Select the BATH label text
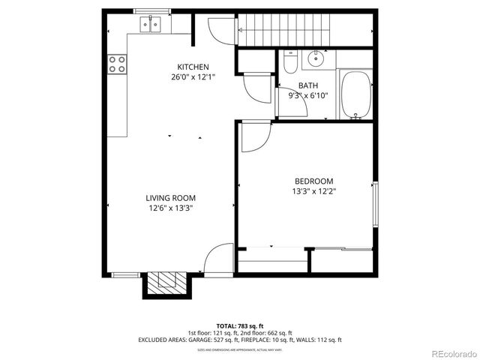point(307,86)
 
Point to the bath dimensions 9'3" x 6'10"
point(307,96)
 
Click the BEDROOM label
point(313,181)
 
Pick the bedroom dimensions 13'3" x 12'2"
point(313,190)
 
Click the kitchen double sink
point(151,25)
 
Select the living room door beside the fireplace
point(218,259)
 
